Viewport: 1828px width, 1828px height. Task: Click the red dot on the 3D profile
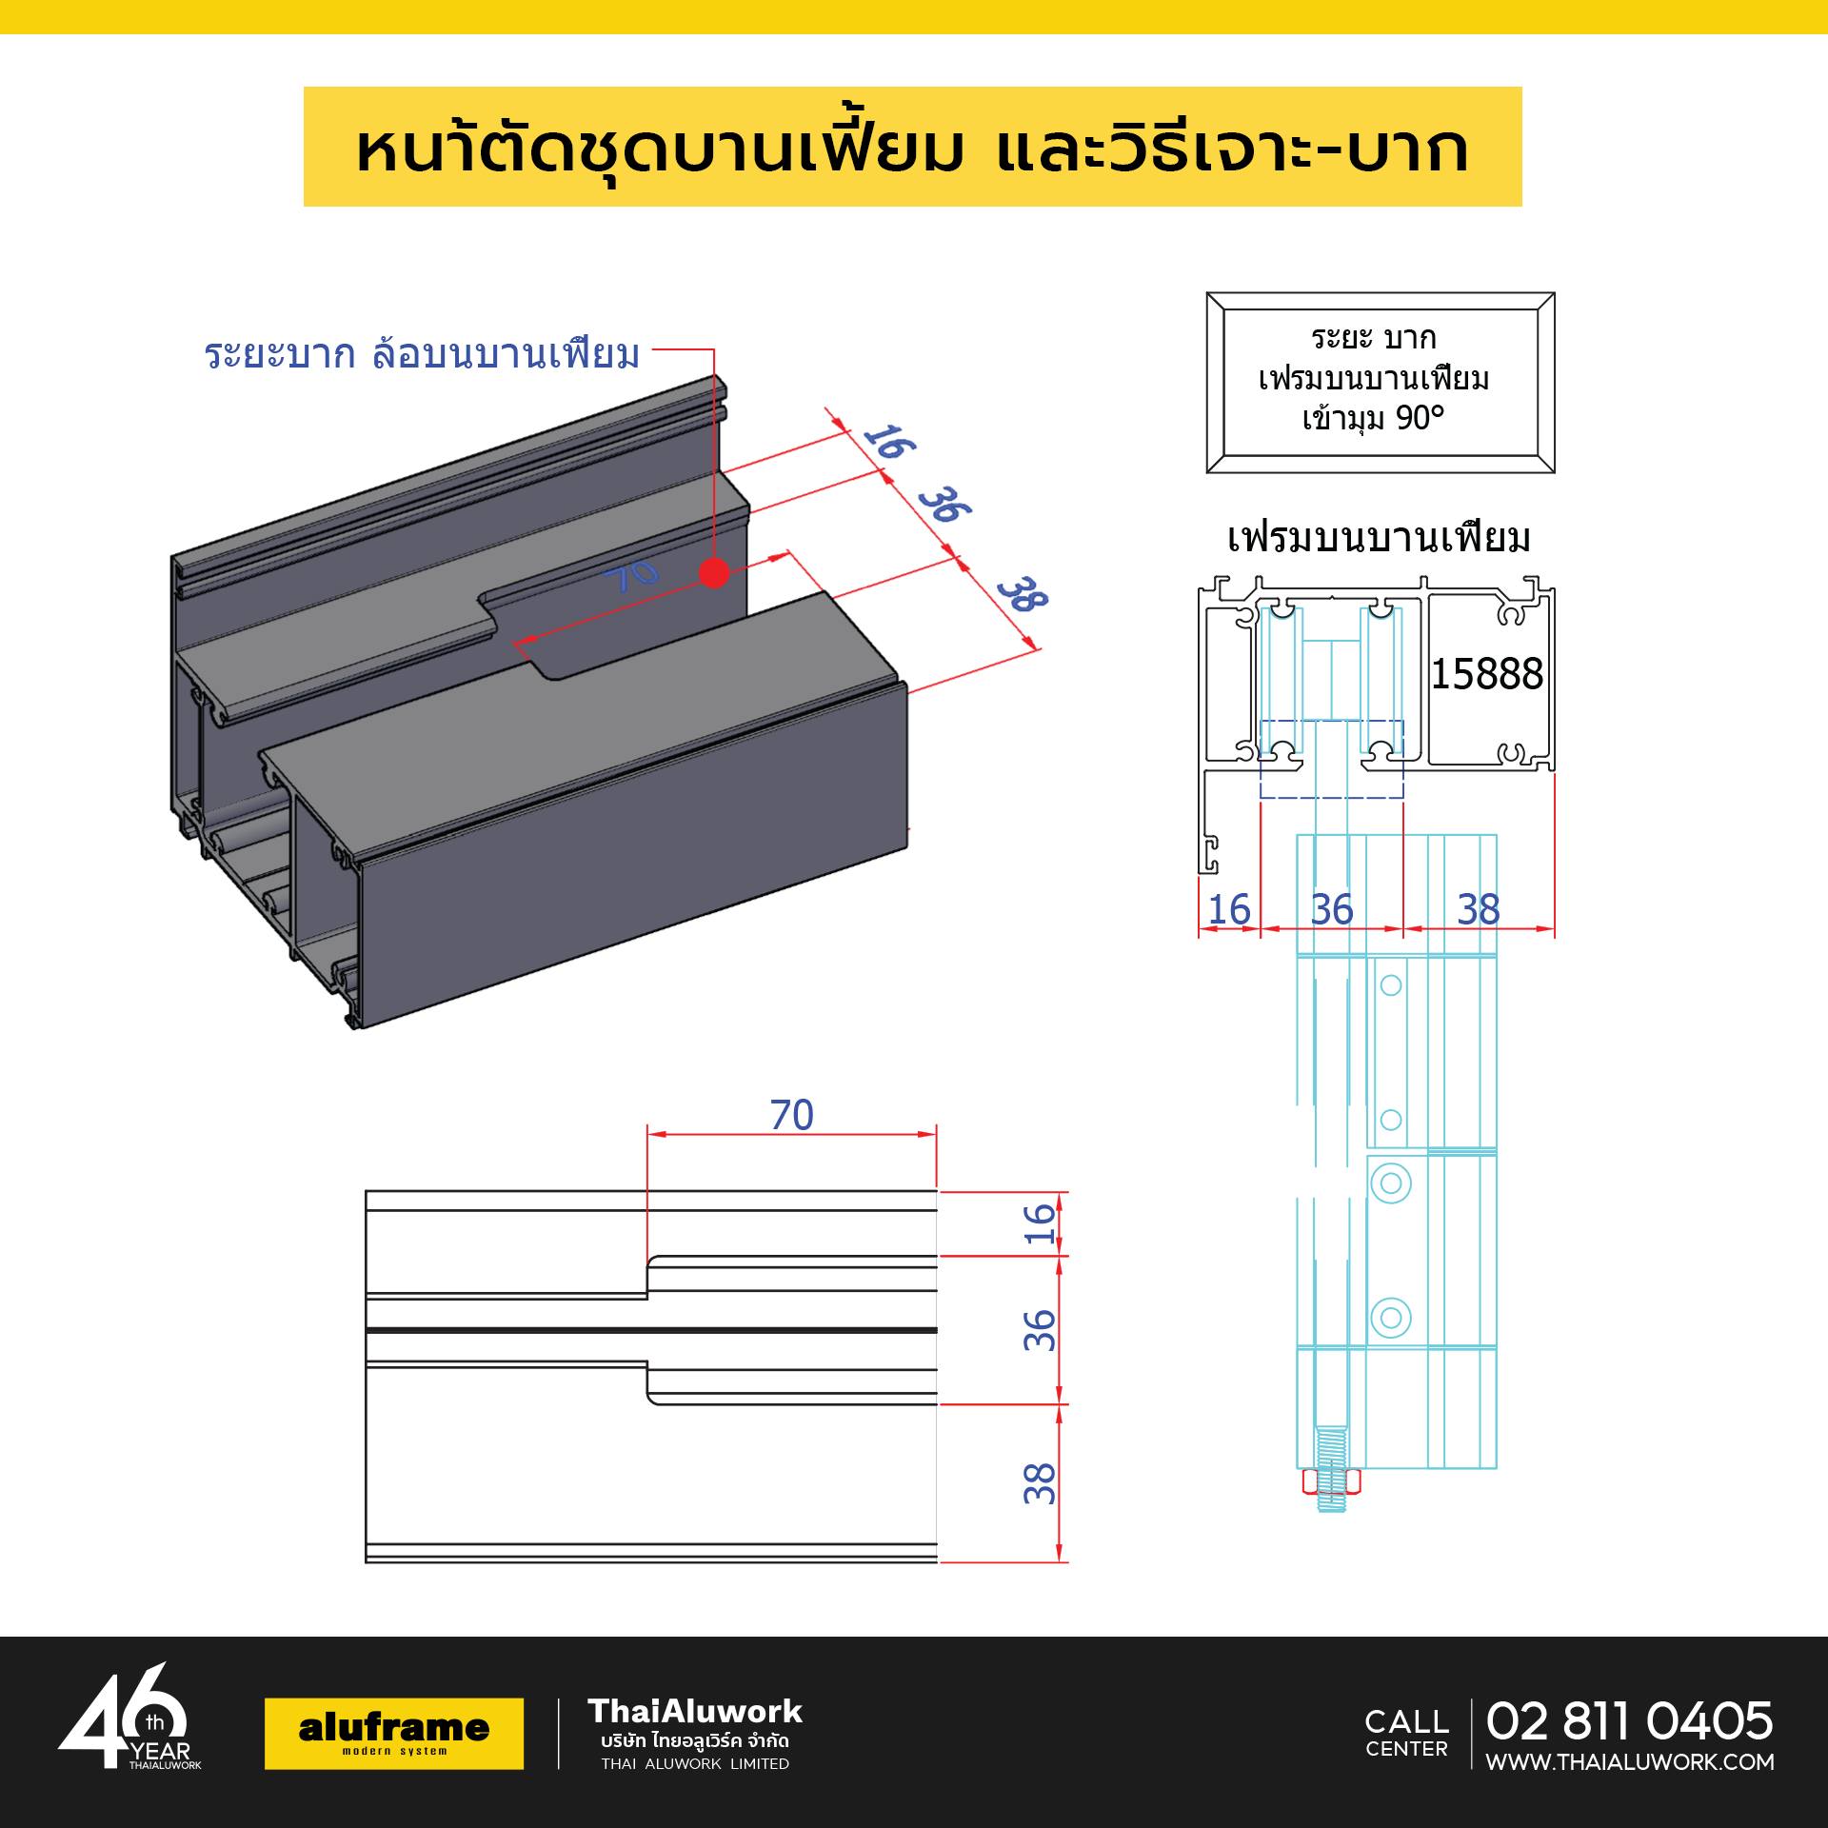(714, 573)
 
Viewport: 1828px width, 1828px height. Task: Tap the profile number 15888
(1486, 674)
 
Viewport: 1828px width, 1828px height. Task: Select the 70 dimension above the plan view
(791, 1115)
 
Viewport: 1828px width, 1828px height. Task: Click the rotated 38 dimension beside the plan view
(1040, 1482)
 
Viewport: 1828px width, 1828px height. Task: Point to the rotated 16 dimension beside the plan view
(1040, 1223)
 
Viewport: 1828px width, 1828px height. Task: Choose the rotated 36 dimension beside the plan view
(1040, 1330)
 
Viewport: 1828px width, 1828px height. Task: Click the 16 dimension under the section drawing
(1228, 909)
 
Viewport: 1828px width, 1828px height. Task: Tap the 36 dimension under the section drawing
(1331, 909)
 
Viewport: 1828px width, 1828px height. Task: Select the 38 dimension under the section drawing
(1478, 909)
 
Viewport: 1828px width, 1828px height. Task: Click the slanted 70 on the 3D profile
(630, 574)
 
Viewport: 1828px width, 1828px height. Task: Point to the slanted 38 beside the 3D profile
(1023, 594)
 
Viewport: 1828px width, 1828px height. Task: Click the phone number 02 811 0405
(1629, 1720)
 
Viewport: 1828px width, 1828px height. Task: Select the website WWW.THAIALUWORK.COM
(1630, 1761)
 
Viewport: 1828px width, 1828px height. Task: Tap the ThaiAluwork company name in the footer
(695, 1711)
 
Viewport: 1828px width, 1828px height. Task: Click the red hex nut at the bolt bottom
(1331, 1481)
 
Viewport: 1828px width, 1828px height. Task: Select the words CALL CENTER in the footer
(1406, 1734)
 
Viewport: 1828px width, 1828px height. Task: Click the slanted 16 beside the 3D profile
(889, 442)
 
